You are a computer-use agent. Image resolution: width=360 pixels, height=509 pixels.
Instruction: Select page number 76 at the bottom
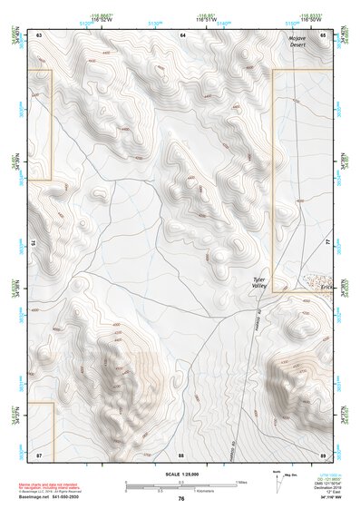[x=180, y=497]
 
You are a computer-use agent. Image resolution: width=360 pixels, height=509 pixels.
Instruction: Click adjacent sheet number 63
[x=39, y=34]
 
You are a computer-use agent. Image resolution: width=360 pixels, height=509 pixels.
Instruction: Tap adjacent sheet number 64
[x=182, y=34]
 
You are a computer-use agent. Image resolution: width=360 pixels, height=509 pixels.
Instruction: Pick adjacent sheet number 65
[x=324, y=34]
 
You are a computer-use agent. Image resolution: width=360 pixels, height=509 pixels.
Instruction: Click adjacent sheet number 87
[x=39, y=453]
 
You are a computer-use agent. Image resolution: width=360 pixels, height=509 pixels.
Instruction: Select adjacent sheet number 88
[x=181, y=453]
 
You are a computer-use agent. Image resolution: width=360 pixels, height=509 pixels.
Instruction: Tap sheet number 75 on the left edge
[x=33, y=243]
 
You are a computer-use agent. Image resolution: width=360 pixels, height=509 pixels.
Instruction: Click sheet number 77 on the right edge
[x=329, y=243]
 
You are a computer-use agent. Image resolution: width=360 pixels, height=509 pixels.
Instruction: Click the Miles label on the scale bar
[x=240, y=481]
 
